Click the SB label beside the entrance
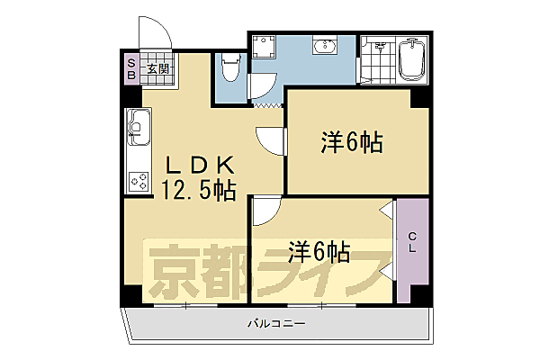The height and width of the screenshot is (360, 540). click(x=130, y=68)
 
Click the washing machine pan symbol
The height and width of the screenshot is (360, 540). click(x=265, y=49)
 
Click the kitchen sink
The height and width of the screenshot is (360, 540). click(x=137, y=127)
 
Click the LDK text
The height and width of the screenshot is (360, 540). click(x=199, y=166)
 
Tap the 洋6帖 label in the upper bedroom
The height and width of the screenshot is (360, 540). click(x=352, y=141)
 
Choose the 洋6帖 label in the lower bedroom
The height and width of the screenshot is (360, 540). click(x=319, y=248)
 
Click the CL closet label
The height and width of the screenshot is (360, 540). click(x=413, y=242)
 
